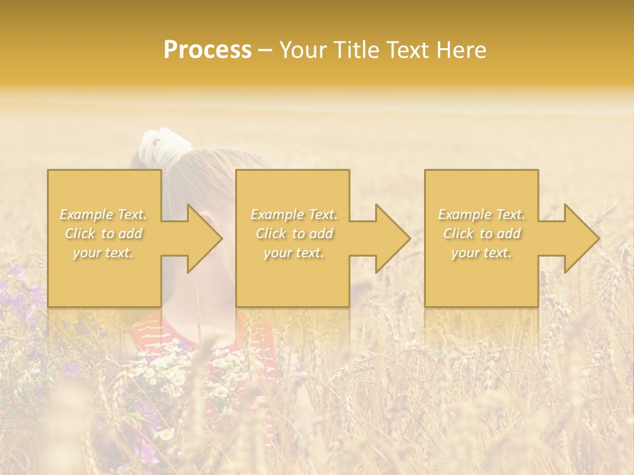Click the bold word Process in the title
207,50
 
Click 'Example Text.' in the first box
104,214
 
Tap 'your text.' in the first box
104,253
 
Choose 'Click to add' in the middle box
294,234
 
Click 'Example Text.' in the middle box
294,214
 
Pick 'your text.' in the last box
481,253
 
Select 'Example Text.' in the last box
481,214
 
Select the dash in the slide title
265,50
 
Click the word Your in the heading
304,50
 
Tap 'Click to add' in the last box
481,234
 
